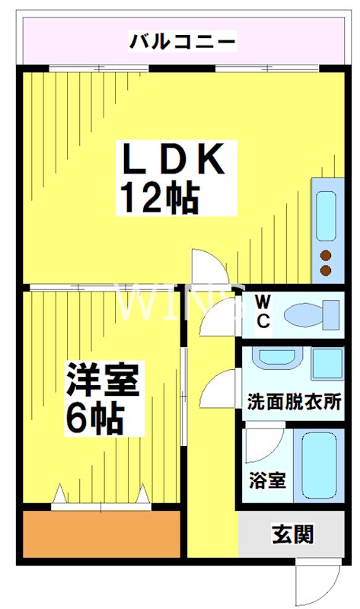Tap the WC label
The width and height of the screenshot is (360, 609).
[x=263, y=310]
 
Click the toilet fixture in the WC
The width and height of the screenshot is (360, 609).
[x=312, y=312]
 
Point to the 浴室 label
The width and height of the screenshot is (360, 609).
[x=267, y=480]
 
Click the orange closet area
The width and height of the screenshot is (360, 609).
[x=100, y=534]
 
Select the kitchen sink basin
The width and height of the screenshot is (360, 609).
[x=326, y=214]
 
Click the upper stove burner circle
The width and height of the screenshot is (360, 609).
[x=327, y=255]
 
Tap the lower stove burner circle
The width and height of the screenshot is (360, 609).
[x=327, y=270]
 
